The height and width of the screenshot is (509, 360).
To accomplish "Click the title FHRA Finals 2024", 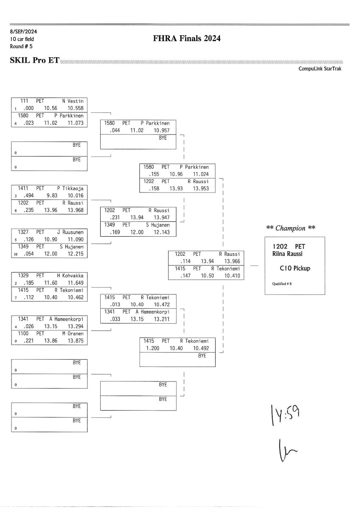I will pos(186,39).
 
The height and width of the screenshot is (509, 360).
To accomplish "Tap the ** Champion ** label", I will pos(290,228).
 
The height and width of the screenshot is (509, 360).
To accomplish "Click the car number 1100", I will pos(24,334).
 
